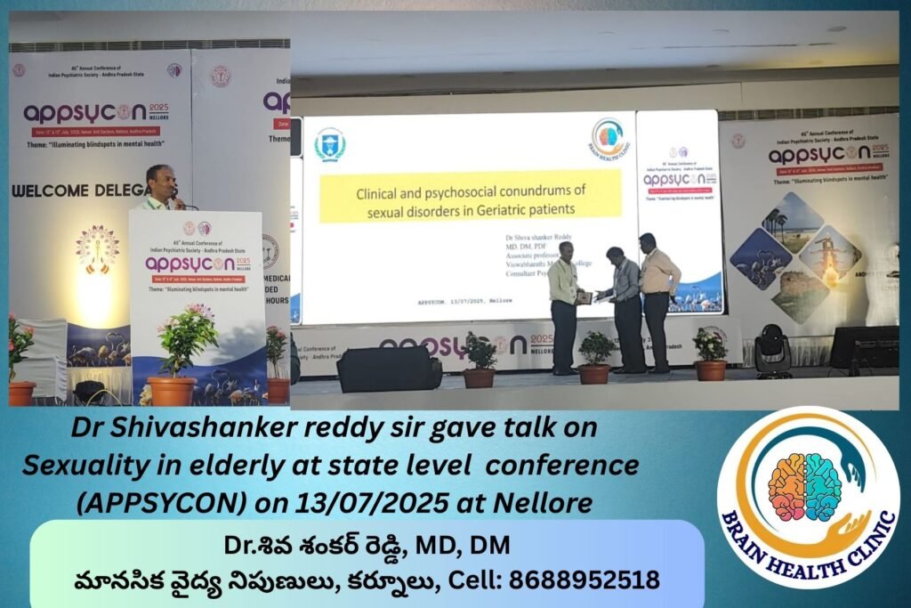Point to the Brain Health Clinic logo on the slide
(x=609, y=140)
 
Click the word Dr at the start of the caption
(x=85, y=427)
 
